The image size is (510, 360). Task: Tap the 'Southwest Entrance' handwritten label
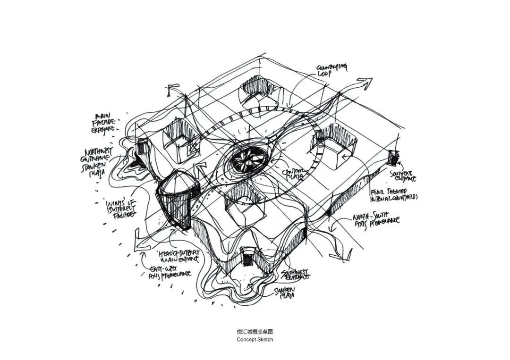pyautogui.click(x=295, y=274)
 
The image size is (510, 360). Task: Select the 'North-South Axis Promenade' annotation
pyautogui.click(x=376, y=220)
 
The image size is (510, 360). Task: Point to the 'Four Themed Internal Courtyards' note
pyautogui.click(x=395, y=193)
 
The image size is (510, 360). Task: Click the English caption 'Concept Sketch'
pyautogui.click(x=255, y=339)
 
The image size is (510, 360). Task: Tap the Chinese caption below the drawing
pyautogui.click(x=255, y=332)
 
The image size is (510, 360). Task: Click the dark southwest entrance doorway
pyautogui.click(x=248, y=258)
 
